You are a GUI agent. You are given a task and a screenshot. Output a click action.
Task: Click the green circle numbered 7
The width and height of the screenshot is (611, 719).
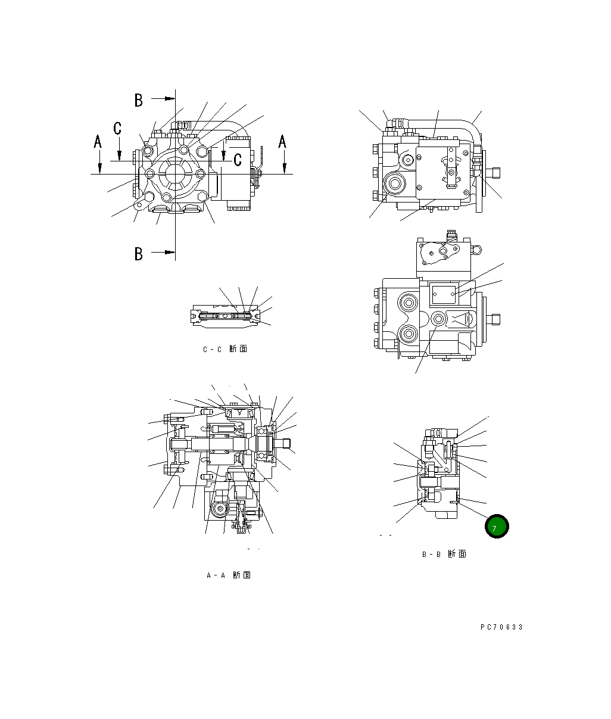tap(496, 527)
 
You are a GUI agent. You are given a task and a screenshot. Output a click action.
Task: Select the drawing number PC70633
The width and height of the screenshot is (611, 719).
tap(501, 627)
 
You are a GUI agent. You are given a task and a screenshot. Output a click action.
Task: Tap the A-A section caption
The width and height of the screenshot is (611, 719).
tap(228, 575)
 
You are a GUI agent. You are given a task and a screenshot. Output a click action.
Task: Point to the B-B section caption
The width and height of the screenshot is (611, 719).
tap(444, 554)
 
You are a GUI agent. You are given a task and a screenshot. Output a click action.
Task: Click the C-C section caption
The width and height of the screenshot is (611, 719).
tap(225, 349)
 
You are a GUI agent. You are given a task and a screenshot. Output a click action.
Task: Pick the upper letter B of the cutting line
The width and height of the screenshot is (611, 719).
tap(139, 100)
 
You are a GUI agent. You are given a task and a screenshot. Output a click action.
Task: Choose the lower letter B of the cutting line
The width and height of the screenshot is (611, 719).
tap(139, 254)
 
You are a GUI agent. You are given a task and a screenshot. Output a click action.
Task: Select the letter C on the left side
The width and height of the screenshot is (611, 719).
tap(118, 127)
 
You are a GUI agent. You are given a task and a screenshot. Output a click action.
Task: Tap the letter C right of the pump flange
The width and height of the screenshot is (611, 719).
tap(237, 159)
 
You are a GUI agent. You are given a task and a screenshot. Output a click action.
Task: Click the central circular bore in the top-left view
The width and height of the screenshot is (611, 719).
tap(175, 174)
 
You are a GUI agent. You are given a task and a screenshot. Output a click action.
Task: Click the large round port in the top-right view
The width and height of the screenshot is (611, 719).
tap(393, 183)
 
